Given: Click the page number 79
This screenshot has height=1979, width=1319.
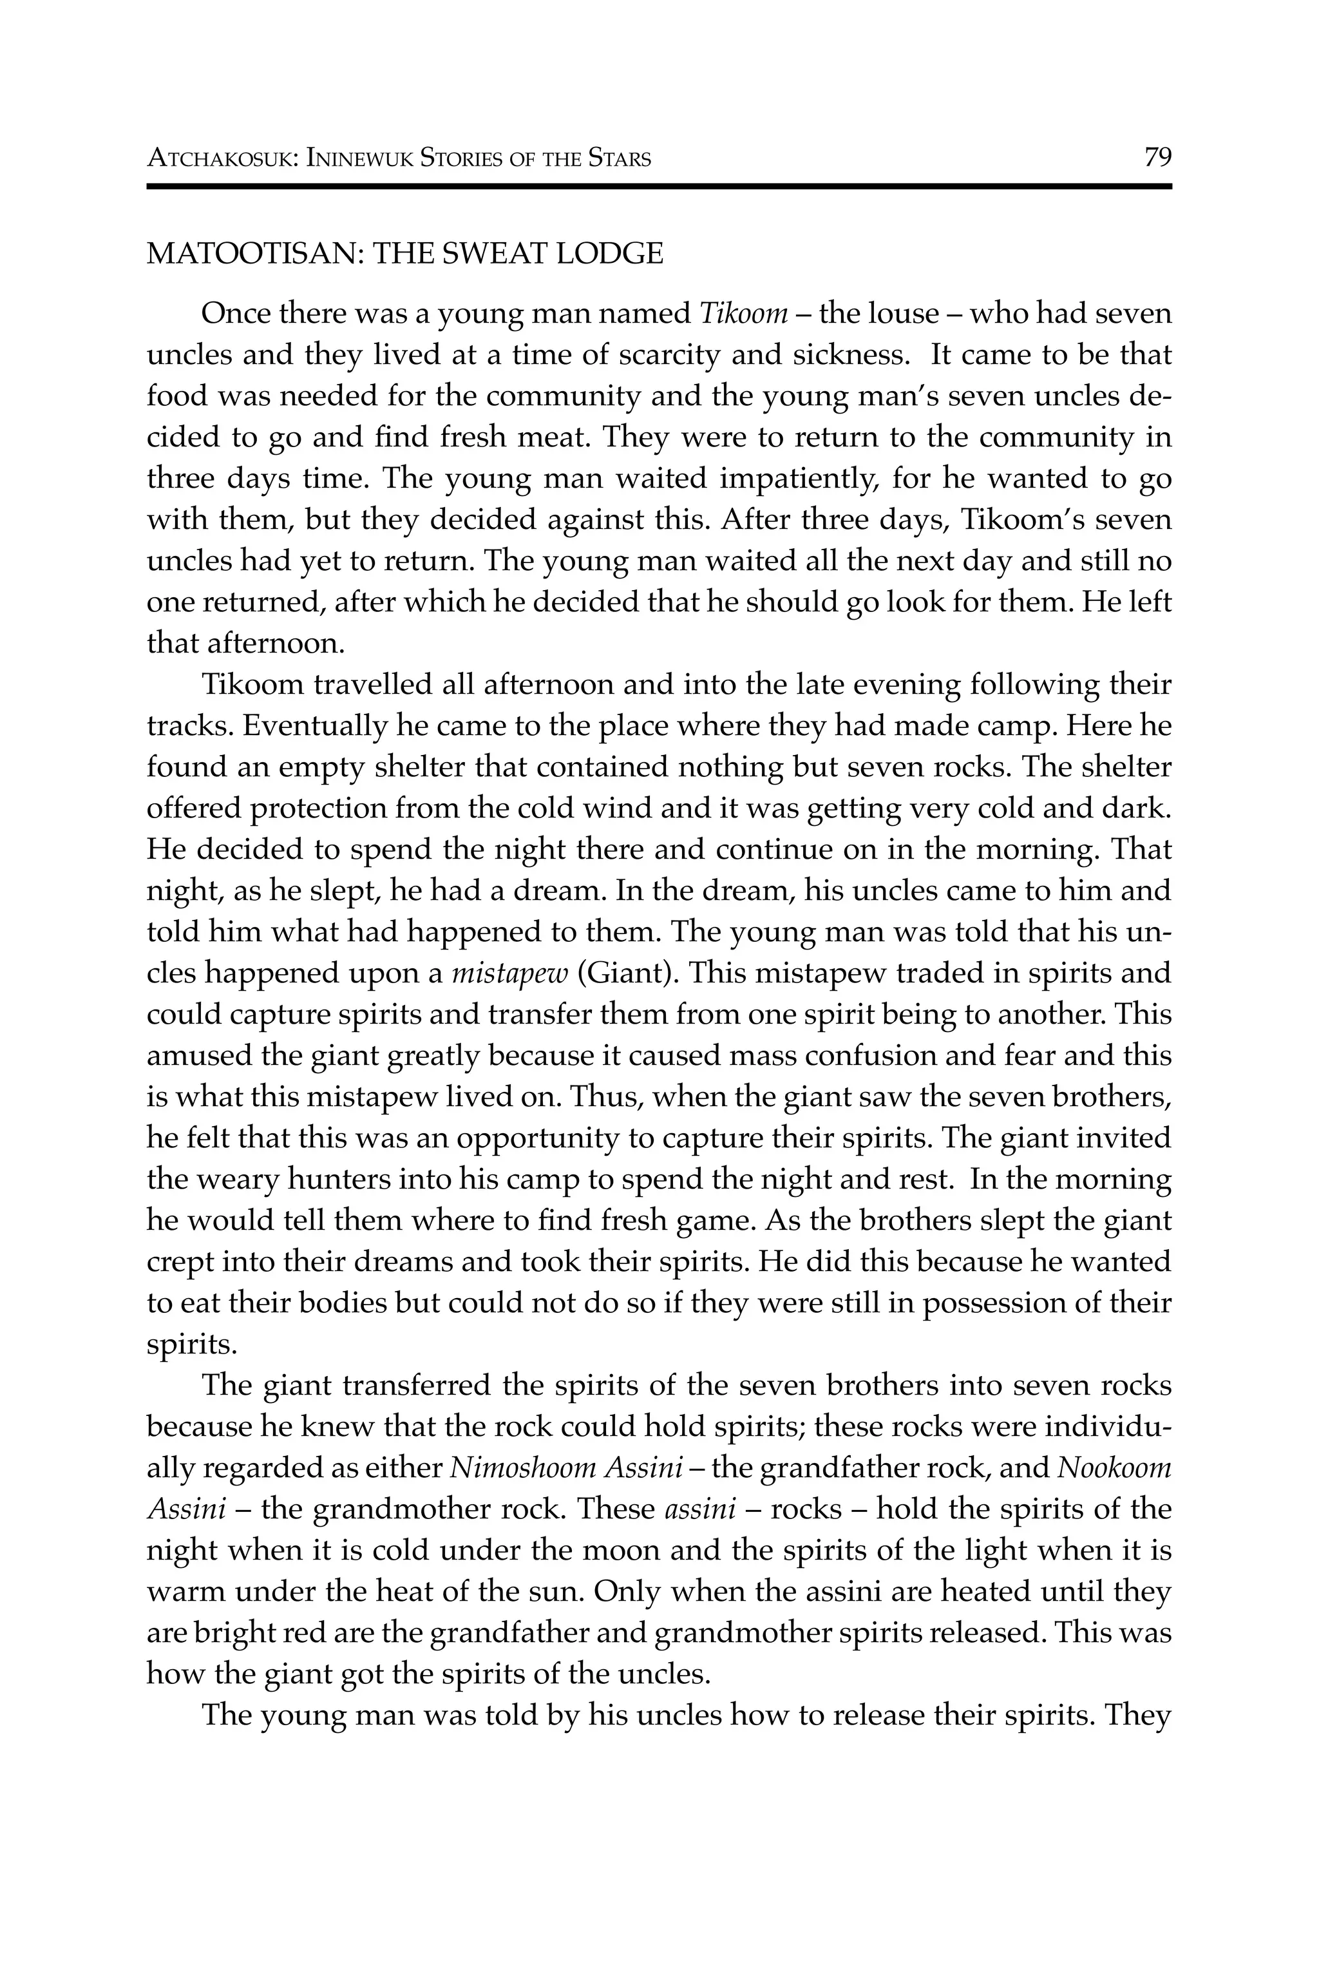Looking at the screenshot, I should click(x=1157, y=157).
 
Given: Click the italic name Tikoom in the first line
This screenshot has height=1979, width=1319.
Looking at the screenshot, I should click(x=744, y=314).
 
